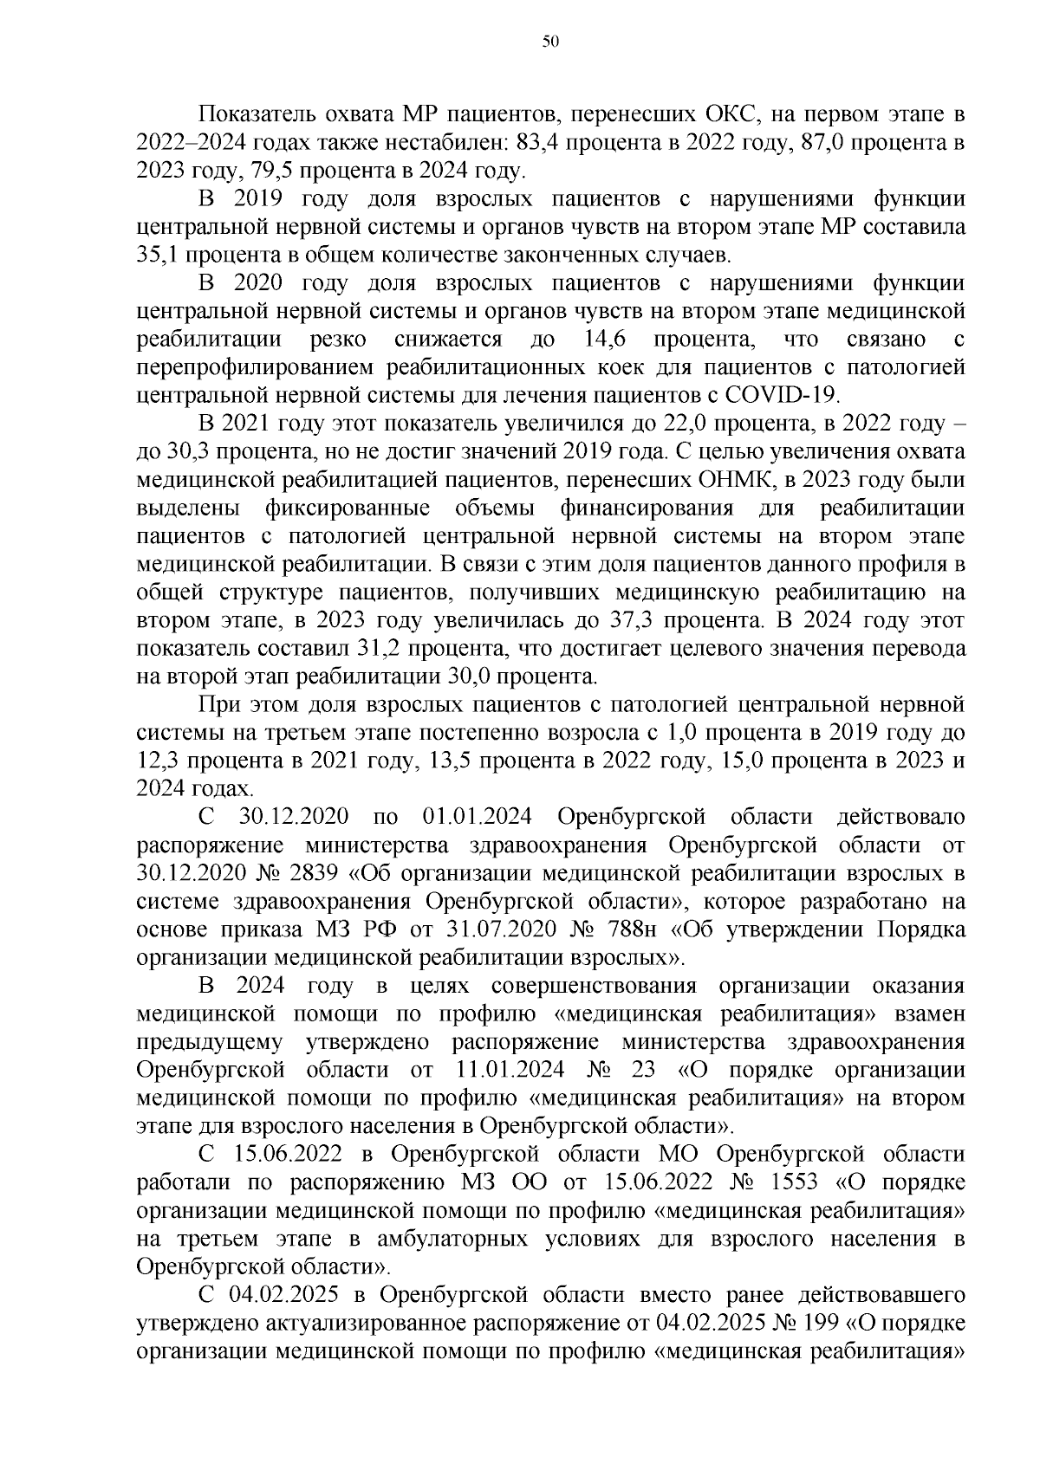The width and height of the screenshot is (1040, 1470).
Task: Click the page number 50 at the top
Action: pyautogui.click(x=549, y=41)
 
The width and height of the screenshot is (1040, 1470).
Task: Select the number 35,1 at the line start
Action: pyautogui.click(x=157, y=256)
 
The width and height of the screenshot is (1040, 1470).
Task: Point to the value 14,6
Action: pyautogui.click(x=606, y=340)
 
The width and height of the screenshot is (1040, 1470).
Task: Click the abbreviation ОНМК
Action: pyautogui.click(x=732, y=480)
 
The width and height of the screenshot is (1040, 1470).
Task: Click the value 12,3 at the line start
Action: pyautogui.click(x=157, y=761)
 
